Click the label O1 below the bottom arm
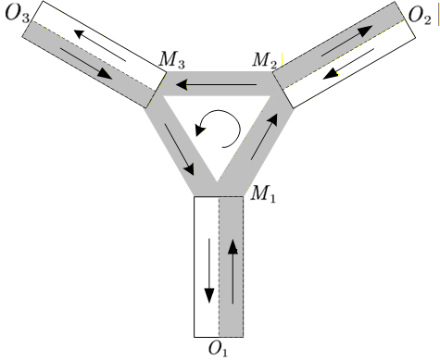pos(218,349)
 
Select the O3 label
pos(18,14)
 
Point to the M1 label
pos(265,195)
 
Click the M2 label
pos(266,60)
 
